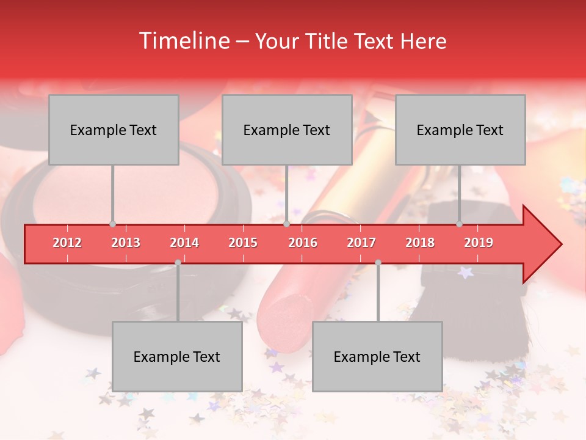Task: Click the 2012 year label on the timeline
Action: pyautogui.click(x=67, y=243)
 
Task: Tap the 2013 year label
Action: pyautogui.click(x=126, y=243)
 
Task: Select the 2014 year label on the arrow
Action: pyautogui.click(x=184, y=243)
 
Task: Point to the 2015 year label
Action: pyautogui.click(x=243, y=243)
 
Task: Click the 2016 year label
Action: pyautogui.click(x=303, y=243)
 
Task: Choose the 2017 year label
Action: pyautogui.click(x=361, y=243)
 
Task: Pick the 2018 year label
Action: pyautogui.click(x=420, y=243)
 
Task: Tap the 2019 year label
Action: pyautogui.click(x=479, y=243)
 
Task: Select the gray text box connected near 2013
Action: pyautogui.click(x=114, y=130)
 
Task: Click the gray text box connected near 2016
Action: pyautogui.click(x=287, y=130)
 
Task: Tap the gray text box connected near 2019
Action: pyautogui.click(x=460, y=130)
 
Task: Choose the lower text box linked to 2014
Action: pyautogui.click(x=177, y=357)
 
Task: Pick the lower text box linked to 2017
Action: pyautogui.click(x=377, y=357)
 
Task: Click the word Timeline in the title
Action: pyautogui.click(x=183, y=41)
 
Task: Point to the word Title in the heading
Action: pyautogui.click(x=330, y=42)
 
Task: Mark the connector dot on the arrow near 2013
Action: pyautogui.click(x=112, y=224)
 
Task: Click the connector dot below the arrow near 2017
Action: pyautogui.click(x=378, y=262)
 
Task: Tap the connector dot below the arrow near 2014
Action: pyautogui.click(x=178, y=262)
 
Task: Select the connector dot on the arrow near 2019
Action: pyautogui.click(x=459, y=224)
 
